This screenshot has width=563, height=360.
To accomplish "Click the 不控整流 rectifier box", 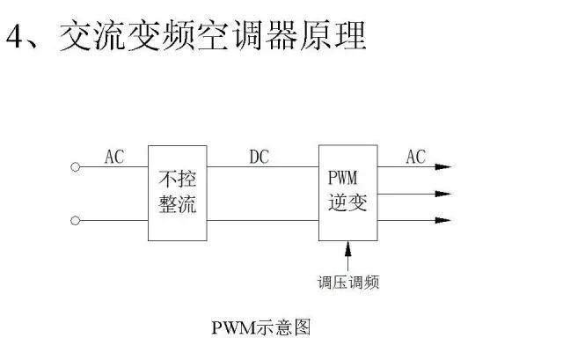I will [178, 193].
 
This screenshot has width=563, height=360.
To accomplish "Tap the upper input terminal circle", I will [76, 166].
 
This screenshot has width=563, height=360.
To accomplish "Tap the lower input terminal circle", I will [76, 220].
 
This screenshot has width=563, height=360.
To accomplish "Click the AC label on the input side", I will [114, 157].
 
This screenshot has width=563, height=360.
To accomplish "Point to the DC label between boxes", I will [259, 157].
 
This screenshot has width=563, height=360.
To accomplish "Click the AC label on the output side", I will [415, 157].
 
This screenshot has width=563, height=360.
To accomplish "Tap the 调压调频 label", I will [348, 283].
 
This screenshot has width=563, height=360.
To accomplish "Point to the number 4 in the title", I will [15, 37].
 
